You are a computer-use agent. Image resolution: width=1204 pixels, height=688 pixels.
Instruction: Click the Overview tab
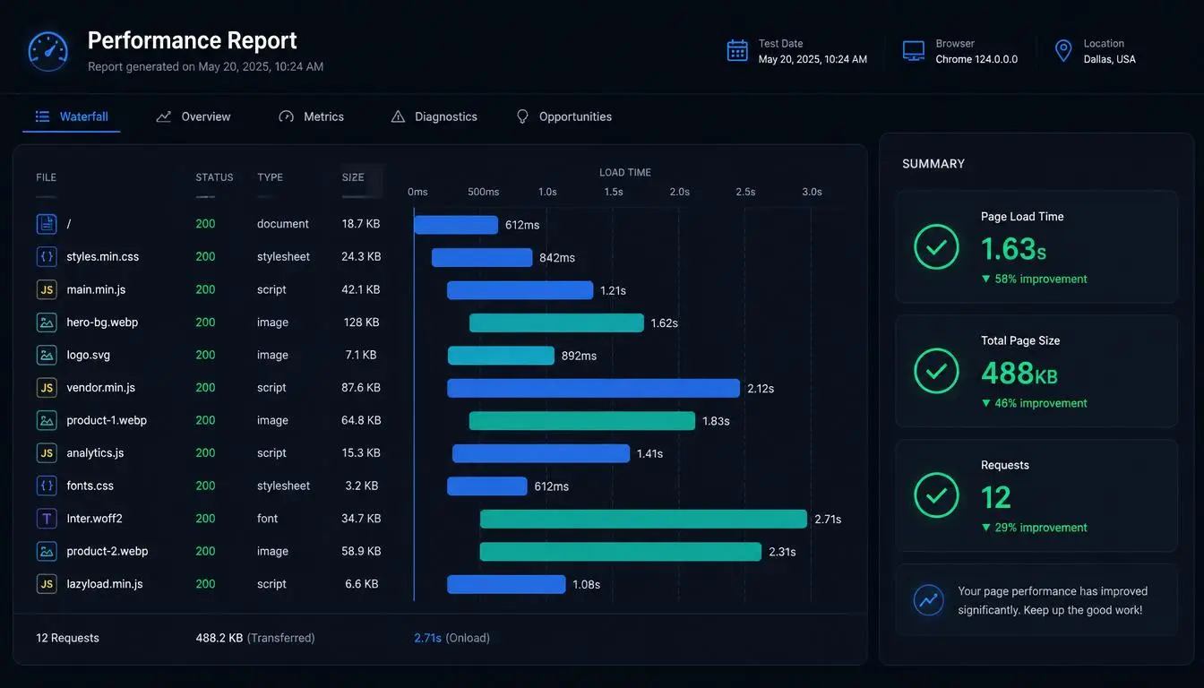tap(193, 116)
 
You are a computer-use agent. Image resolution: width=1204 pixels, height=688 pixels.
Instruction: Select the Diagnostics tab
tap(434, 116)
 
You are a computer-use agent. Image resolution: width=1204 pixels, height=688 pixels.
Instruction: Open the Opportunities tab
tap(563, 116)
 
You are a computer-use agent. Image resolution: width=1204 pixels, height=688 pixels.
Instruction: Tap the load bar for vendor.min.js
tap(593, 388)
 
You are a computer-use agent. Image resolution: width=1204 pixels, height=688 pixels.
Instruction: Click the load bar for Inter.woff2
tap(643, 520)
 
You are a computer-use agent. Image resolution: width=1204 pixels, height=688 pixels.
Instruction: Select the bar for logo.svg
tap(501, 356)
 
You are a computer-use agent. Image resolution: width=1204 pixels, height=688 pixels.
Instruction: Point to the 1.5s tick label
tap(614, 192)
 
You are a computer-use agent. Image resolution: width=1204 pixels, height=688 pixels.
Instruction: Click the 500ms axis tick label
tap(483, 192)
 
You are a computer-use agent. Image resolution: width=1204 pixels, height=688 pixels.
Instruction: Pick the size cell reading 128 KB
tap(361, 322)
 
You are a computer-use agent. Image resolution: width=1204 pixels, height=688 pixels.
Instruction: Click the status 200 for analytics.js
tap(205, 453)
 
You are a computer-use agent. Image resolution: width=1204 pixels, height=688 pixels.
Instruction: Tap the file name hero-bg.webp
tap(102, 322)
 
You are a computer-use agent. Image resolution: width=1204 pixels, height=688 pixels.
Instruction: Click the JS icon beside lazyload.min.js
tap(47, 584)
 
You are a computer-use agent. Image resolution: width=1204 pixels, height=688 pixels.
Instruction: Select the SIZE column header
tap(353, 177)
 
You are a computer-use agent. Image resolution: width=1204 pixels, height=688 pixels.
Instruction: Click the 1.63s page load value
tap(1014, 249)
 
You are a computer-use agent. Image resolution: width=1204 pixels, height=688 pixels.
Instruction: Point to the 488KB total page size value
tap(1019, 373)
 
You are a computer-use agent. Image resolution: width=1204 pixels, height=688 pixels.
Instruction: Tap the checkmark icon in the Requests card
tap(936, 495)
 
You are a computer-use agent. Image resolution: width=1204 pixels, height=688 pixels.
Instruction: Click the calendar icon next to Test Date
tap(737, 51)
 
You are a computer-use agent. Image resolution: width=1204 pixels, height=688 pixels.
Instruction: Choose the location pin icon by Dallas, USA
tap(1063, 51)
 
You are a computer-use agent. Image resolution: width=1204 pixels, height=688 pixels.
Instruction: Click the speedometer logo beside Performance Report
tap(48, 52)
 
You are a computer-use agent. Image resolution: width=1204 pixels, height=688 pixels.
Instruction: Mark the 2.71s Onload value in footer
tap(427, 638)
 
